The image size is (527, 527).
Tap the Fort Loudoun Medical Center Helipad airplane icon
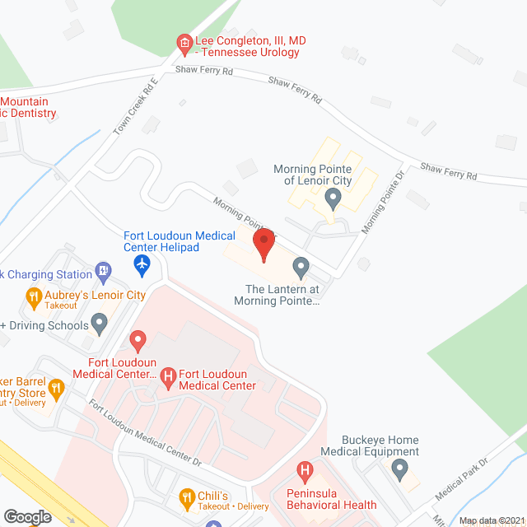(142, 264)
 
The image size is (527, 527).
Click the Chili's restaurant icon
(187, 497)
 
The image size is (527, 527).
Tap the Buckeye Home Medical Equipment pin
(400, 470)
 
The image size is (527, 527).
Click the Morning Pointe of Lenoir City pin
(333, 198)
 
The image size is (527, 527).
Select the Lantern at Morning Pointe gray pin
(301, 268)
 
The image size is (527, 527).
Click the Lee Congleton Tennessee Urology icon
(185, 42)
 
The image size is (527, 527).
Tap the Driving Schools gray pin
(100, 324)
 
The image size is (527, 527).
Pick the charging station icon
(103, 268)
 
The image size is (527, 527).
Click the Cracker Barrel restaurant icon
(56, 387)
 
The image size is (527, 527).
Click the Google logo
(27, 516)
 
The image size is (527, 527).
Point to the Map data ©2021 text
(491, 520)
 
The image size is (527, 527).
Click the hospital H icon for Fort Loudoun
(168, 377)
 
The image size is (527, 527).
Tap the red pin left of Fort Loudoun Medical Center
(137, 339)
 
